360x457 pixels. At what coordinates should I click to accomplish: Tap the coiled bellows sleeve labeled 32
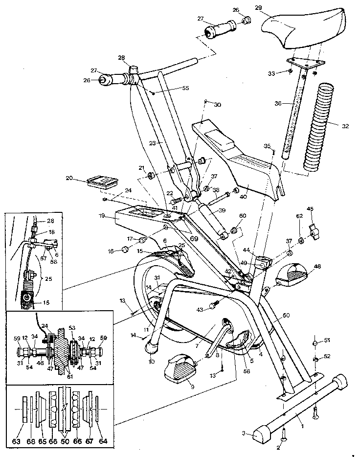[318, 126]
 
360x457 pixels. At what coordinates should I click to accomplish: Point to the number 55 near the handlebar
[171, 89]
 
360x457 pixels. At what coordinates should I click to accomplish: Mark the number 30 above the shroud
[217, 105]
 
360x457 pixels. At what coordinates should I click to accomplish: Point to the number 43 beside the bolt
[200, 309]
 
